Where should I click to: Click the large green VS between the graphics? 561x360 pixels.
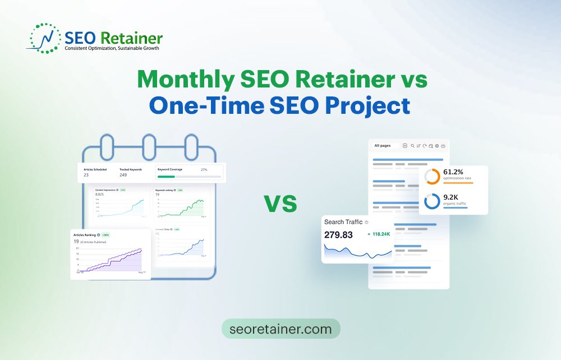tap(280, 204)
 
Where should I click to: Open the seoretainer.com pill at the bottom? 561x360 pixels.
tap(280, 329)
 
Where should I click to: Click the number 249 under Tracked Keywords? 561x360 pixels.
tap(123, 175)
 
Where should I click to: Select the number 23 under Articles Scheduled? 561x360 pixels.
tap(86, 175)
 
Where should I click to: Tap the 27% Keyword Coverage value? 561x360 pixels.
tap(204, 169)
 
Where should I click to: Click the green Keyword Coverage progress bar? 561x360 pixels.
tap(166, 177)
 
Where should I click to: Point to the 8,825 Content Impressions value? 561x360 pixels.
tap(100, 194)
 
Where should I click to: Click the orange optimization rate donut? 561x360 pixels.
tap(432, 176)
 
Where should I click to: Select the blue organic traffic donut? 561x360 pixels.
tap(432, 201)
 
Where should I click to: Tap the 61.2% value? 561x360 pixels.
tap(453, 172)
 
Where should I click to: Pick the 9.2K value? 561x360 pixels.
tap(452, 197)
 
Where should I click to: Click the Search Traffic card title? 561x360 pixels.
tap(343, 222)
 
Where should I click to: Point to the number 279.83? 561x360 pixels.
tap(339, 234)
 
